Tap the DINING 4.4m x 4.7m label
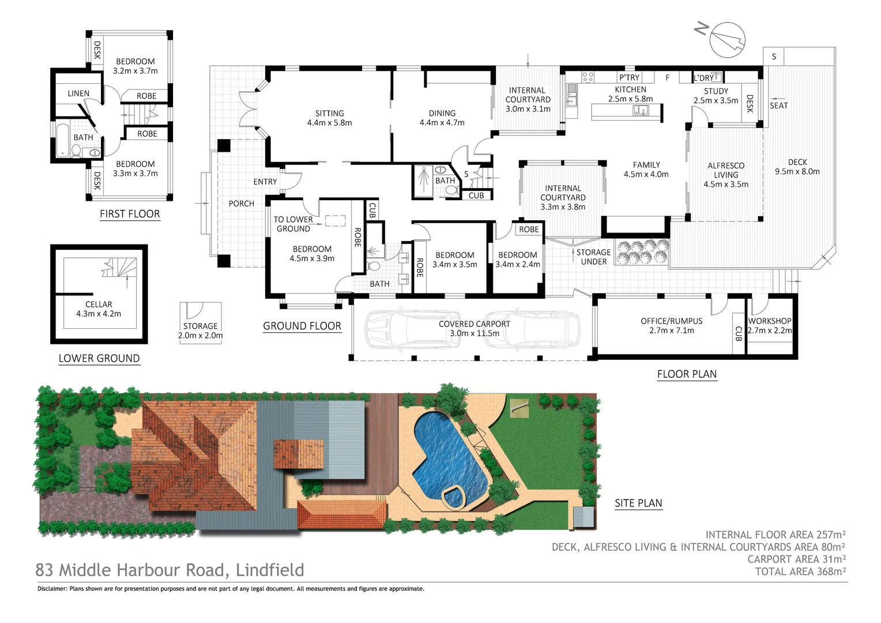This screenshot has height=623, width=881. click(442, 118)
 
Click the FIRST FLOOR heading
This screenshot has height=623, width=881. click(130, 214)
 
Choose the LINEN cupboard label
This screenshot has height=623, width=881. click(78, 93)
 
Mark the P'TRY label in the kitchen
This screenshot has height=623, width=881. click(629, 77)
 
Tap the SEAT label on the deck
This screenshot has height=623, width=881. click(778, 106)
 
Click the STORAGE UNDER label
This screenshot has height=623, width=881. click(593, 257)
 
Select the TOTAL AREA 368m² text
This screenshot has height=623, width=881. click(800, 572)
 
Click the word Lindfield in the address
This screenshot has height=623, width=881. click(270, 570)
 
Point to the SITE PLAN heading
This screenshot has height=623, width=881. click(638, 503)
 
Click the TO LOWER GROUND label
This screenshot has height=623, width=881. click(293, 224)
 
